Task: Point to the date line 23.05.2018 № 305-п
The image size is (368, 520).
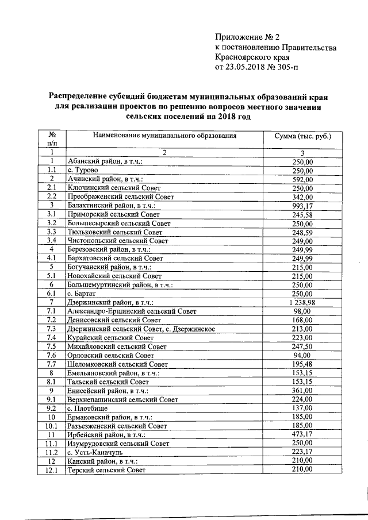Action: click(x=256, y=67)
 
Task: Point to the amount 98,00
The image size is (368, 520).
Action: click(x=302, y=311)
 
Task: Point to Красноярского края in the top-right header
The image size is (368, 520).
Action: click(x=252, y=57)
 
